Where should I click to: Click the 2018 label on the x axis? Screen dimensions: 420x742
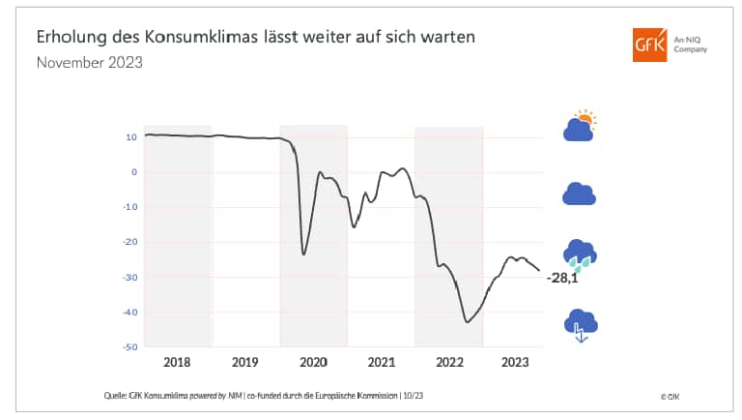click(177, 362)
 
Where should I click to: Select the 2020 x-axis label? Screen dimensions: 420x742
click(313, 362)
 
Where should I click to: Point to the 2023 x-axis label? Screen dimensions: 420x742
click(515, 362)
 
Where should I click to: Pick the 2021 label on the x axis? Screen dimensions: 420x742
click(381, 362)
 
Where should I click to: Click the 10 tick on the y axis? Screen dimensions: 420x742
click(130, 137)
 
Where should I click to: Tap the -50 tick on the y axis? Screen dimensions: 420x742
click(129, 346)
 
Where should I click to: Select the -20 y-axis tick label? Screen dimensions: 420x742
click(129, 242)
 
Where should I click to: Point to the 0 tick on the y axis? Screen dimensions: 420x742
click(133, 172)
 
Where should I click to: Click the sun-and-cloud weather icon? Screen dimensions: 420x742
click(580, 127)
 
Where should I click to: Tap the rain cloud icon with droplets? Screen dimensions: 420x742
click(580, 255)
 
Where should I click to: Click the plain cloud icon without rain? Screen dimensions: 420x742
click(579, 194)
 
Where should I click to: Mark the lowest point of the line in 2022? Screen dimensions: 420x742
click(468, 321)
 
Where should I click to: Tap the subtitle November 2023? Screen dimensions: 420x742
click(90, 63)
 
